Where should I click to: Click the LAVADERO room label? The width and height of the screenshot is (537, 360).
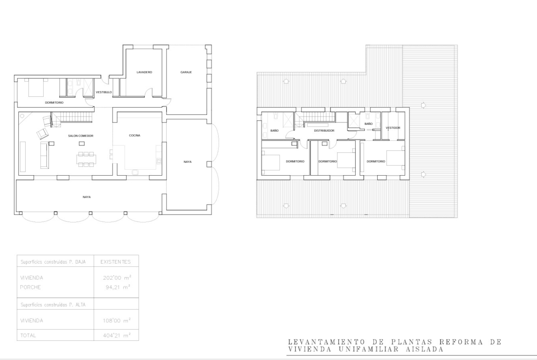tap(144, 72)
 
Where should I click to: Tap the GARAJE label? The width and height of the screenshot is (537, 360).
tap(186, 72)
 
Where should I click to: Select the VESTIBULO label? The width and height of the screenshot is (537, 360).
tap(104, 92)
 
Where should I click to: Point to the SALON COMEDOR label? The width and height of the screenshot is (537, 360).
tap(80, 136)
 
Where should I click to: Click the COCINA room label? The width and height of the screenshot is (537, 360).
tap(134, 135)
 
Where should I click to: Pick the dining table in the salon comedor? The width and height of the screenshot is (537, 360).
tap(86, 160)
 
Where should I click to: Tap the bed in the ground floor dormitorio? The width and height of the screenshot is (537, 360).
tap(36, 87)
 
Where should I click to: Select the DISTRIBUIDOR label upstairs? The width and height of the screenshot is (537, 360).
tap(324, 131)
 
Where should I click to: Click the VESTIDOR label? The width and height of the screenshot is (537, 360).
tap(393, 128)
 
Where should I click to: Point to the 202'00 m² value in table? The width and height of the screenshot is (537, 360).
tap(117, 277)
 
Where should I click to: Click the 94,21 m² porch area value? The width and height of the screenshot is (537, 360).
tap(118, 287)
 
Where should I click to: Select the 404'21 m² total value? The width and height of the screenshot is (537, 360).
tap(117, 335)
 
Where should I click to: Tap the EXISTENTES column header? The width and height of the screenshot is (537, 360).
tap(115, 262)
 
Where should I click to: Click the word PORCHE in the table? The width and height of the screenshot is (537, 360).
tap(30, 287)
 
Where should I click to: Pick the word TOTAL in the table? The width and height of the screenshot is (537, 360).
tap(28, 335)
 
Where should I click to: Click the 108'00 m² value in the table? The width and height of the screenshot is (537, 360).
tap(117, 321)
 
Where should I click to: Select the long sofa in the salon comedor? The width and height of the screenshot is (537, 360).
tap(45, 155)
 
